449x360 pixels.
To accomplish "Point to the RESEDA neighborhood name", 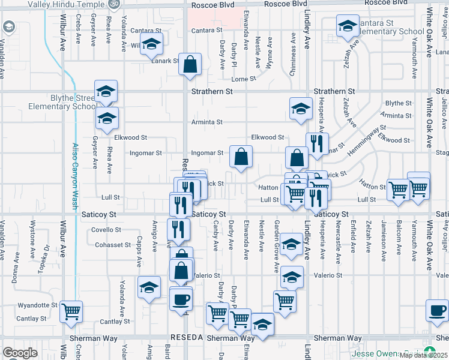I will pos(188,338).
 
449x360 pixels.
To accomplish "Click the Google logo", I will pos(20,353).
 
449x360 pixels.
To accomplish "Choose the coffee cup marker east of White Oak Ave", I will pos(437,310).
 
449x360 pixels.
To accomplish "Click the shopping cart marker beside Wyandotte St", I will pos(71,311).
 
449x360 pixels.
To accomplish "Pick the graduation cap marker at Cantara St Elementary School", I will pos(347,26).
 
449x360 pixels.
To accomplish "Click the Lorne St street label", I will pos(244,79).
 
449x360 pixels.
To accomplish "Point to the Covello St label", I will pos(106,230).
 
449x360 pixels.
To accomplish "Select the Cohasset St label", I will pos(113,245).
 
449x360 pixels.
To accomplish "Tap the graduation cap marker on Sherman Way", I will pos(262,325).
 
